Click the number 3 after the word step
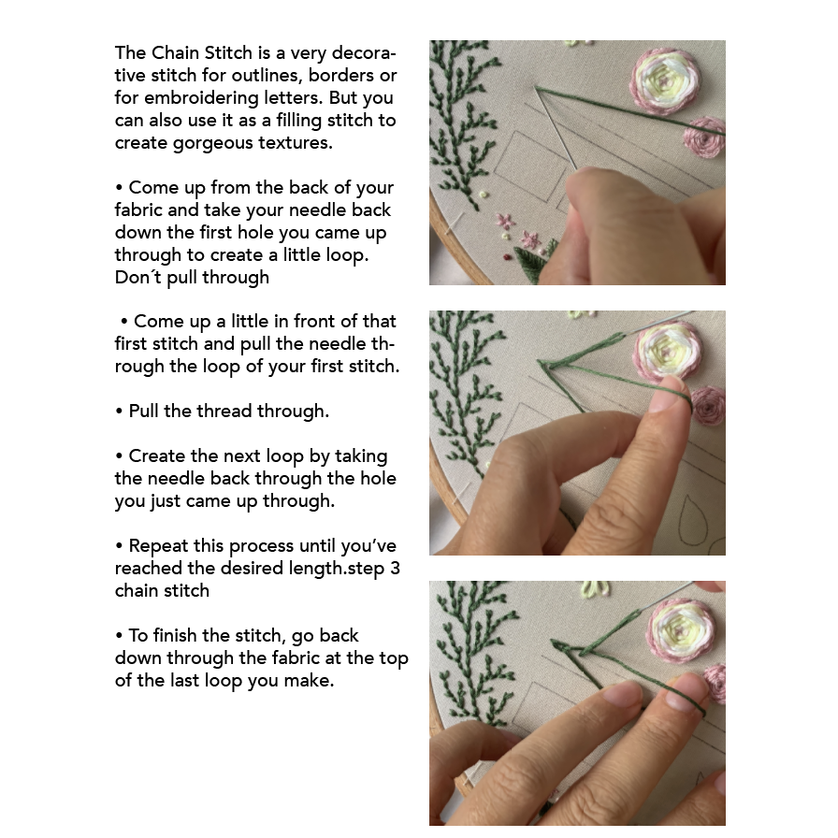tap(395, 568)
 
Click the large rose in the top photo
tap(665, 80)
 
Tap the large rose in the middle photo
tap(668, 351)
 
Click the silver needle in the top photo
tap(556, 128)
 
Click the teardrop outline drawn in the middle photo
tap(693, 520)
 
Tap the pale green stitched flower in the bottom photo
tap(596, 589)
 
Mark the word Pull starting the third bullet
tap(144, 411)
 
